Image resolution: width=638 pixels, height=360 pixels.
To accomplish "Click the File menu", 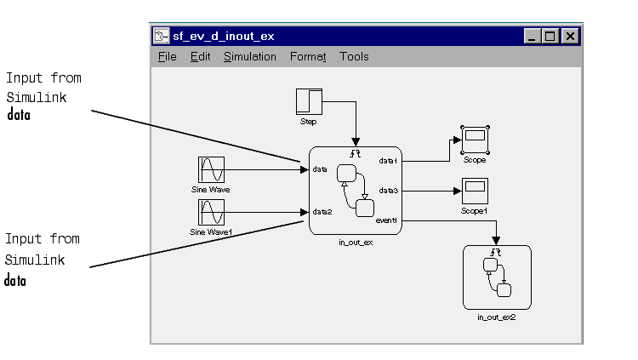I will pos(167,57).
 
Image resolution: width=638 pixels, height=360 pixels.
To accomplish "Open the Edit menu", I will pos(200,57).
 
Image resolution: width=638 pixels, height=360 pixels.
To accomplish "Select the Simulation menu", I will pos(250,57).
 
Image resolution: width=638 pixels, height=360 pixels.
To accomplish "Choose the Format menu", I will pos(308,57).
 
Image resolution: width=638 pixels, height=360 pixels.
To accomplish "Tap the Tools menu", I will pos(354,57).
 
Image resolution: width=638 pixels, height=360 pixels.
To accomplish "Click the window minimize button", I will pos(533,36).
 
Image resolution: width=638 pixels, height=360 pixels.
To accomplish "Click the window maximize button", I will pos(550,36).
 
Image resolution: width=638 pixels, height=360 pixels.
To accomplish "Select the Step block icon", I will pos(309,101).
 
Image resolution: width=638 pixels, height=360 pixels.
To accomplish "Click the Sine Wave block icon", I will pos(210,169).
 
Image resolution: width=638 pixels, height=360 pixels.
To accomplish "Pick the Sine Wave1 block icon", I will pos(210,213).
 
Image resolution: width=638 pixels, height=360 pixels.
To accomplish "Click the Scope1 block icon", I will pos(474,191).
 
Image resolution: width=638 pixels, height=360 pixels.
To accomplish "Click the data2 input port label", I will pos(322,212).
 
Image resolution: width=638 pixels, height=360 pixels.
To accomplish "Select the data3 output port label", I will pos(388,191).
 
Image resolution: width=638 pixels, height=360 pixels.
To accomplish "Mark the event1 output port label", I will pos(387,221).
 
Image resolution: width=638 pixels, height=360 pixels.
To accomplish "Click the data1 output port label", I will pos(388,160).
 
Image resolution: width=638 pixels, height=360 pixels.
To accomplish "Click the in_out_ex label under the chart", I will pos(355,242).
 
